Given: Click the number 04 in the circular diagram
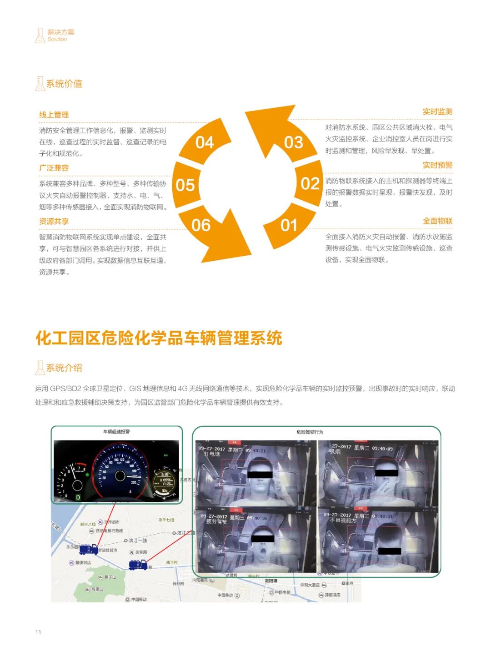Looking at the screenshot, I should [x=205, y=142].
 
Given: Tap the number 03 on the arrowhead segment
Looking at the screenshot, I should [x=293, y=142].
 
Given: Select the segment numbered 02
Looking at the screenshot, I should [x=310, y=184].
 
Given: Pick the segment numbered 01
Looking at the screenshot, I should [x=289, y=225].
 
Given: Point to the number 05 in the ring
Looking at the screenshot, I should [x=185, y=185].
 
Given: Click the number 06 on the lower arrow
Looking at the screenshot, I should [x=200, y=225].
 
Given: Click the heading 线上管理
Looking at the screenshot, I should [x=54, y=115].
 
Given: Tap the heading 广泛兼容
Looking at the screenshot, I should [x=54, y=168].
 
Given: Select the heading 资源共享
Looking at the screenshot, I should [x=54, y=221].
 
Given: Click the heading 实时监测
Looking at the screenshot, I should [x=437, y=111].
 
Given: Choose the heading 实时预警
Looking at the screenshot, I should [x=437, y=165].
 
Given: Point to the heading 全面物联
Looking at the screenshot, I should [x=437, y=221].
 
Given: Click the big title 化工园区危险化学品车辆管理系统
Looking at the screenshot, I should [x=159, y=338].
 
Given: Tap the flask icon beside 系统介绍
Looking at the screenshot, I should [x=40, y=368].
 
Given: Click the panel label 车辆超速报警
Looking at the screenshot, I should [x=116, y=431].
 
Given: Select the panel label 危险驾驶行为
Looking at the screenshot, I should [x=310, y=432].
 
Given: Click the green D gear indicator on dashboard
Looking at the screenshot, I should [x=78, y=497].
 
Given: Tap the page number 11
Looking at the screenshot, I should [x=38, y=632].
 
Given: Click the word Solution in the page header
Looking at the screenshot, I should [x=57, y=40].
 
